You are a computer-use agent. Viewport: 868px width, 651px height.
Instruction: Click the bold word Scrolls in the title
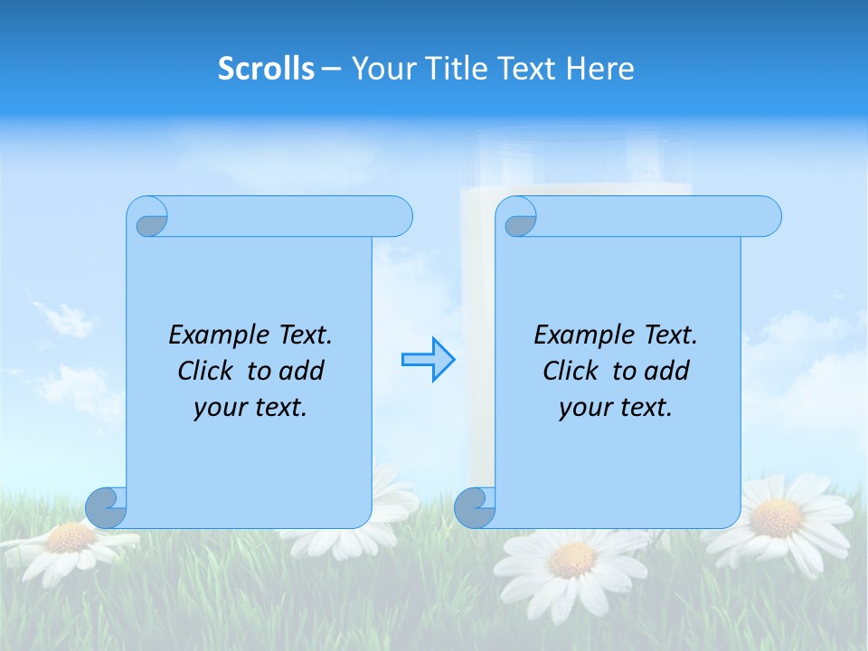(x=266, y=69)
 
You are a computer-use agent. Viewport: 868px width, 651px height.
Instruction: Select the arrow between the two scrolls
(x=428, y=360)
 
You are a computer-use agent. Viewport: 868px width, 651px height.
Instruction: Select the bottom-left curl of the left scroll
(x=107, y=507)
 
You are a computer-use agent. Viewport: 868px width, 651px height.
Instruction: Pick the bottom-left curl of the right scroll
(x=476, y=507)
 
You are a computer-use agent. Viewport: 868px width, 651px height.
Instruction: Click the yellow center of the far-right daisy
(x=776, y=519)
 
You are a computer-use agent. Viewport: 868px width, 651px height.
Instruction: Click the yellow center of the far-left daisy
(x=71, y=537)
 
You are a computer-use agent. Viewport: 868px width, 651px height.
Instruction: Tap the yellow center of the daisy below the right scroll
(x=571, y=560)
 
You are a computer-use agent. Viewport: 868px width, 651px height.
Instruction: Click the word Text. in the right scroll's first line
(x=670, y=335)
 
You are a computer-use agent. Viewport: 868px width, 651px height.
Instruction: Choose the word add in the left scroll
(x=302, y=372)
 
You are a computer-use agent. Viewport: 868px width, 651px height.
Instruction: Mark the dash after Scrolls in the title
(x=331, y=69)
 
